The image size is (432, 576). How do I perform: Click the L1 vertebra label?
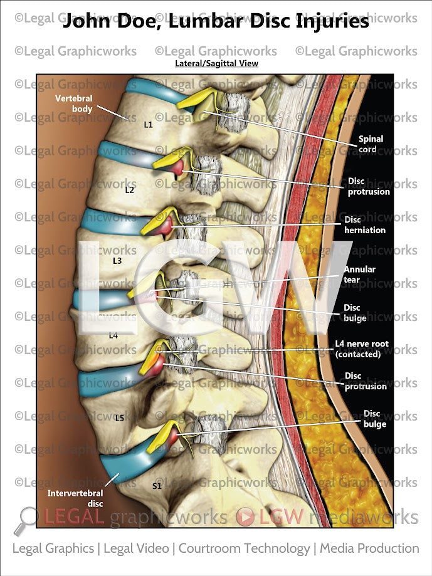pos(149,125)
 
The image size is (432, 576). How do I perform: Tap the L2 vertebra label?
pos(130,189)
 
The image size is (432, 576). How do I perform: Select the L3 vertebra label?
pos(117,259)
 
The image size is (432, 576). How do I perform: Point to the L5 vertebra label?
pos(120,417)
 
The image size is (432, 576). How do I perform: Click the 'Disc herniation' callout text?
pos(364,225)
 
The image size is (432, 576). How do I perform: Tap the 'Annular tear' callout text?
pos(359,275)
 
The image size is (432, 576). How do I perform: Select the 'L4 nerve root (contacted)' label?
pos(362,349)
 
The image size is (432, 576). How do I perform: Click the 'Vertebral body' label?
pos(73,103)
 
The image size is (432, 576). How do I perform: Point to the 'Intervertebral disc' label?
pos(75,498)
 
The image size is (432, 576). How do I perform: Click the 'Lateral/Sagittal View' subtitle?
pos(216,63)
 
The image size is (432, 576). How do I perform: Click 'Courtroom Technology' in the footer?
pos(244,548)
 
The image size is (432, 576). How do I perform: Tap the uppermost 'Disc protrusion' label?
pos(369,186)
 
